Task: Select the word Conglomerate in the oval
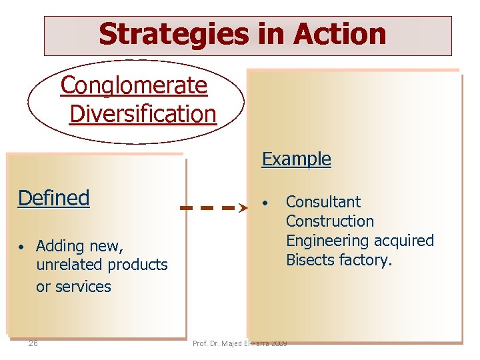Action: point(134,85)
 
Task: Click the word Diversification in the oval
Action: point(143,113)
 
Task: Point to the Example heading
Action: point(296,159)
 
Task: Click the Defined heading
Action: point(54,198)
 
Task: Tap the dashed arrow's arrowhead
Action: point(242,208)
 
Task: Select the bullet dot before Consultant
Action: point(265,202)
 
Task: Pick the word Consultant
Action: point(323,202)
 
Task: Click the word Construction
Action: point(329,221)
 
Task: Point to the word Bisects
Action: point(311,260)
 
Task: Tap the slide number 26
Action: point(33,343)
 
